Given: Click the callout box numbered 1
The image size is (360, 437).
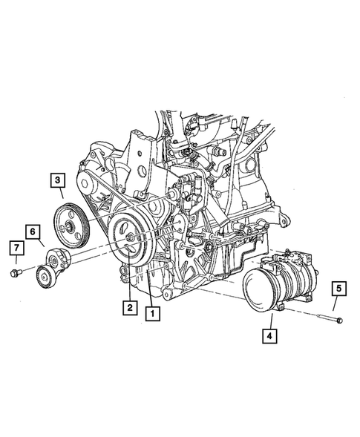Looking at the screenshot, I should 152,313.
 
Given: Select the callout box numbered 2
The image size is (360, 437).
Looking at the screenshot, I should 129,306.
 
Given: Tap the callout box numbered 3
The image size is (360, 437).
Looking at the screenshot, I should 57,179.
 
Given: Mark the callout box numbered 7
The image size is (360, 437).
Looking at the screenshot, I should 13,247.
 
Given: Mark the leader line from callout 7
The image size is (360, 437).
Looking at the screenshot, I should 15,261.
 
